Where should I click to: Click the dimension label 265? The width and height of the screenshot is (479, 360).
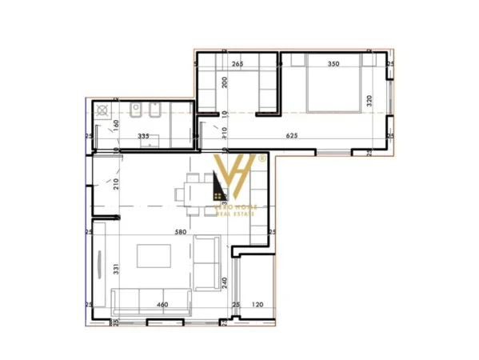237,63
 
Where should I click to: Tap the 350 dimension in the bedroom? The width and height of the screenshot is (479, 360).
333,63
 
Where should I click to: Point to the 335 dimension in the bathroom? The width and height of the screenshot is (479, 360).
144,137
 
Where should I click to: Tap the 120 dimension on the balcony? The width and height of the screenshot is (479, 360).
258,305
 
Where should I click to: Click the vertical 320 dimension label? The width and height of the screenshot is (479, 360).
369,101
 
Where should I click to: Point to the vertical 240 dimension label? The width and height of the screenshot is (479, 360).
226,283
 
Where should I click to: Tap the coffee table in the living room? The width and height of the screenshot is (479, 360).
154,256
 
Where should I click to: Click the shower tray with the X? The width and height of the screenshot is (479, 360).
103,111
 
